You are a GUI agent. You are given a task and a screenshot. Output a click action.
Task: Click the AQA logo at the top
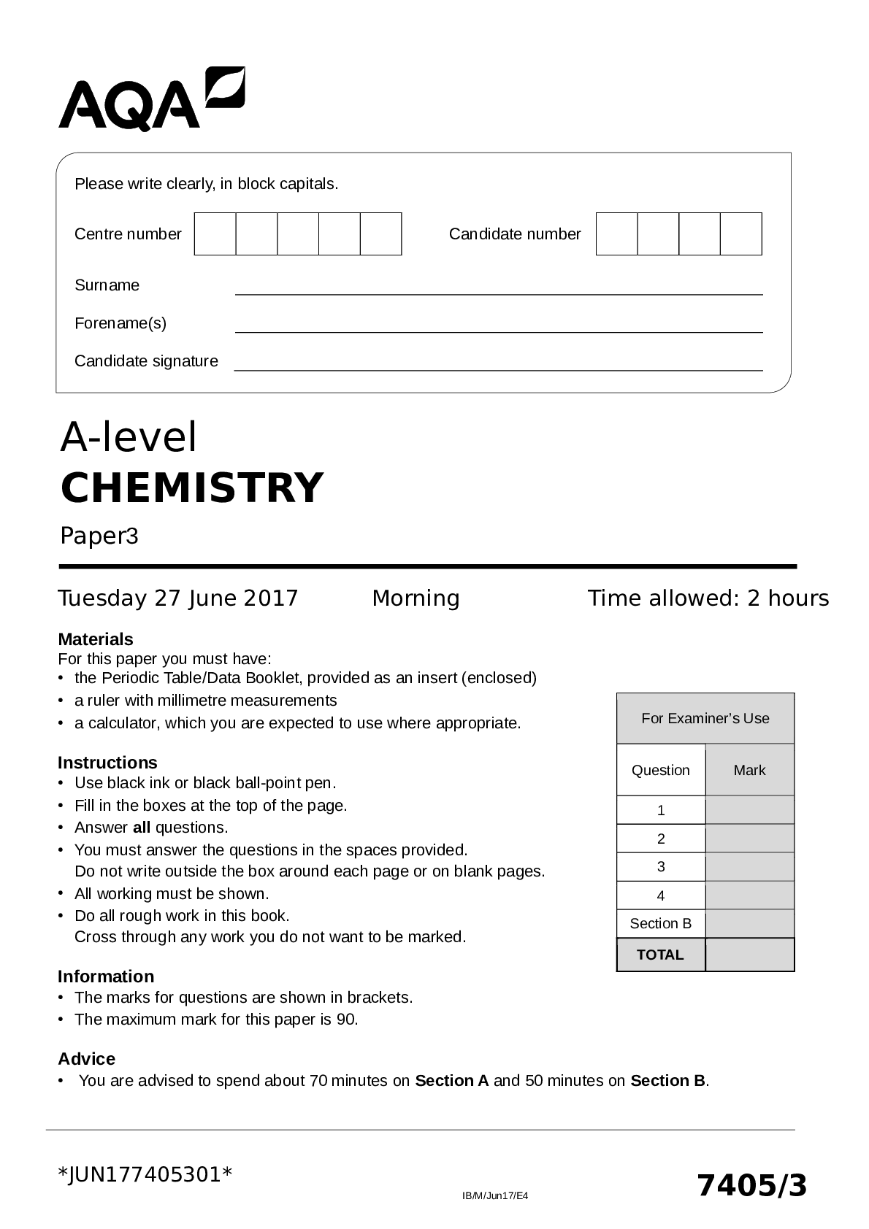[151, 100]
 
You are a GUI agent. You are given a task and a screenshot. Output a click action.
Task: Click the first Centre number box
[215, 234]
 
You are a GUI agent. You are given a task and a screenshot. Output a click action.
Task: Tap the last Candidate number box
[740, 234]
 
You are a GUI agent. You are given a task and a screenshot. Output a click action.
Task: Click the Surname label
[107, 285]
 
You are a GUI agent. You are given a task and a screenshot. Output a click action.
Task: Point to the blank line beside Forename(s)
[498, 325]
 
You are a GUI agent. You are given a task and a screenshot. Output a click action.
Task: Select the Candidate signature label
[146, 361]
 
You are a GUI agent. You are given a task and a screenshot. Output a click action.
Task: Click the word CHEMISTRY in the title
[191, 488]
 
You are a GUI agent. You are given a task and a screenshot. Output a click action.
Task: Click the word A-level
[129, 437]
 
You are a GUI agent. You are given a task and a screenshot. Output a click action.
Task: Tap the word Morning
[416, 598]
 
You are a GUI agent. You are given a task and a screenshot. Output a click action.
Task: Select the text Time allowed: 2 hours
[708, 598]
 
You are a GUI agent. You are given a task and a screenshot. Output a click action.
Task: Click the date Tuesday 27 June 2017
[178, 598]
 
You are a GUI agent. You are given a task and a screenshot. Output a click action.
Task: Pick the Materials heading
[96, 639]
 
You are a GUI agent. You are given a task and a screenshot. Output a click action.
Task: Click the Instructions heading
[107, 763]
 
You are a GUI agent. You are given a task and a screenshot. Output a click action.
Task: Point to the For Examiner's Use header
[705, 718]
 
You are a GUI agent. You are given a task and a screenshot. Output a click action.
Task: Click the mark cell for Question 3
[749, 867]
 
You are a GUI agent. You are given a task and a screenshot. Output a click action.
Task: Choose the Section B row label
[660, 924]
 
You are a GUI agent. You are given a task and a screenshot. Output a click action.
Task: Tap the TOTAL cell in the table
[660, 955]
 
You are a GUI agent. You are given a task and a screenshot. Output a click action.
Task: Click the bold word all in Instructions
[141, 828]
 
